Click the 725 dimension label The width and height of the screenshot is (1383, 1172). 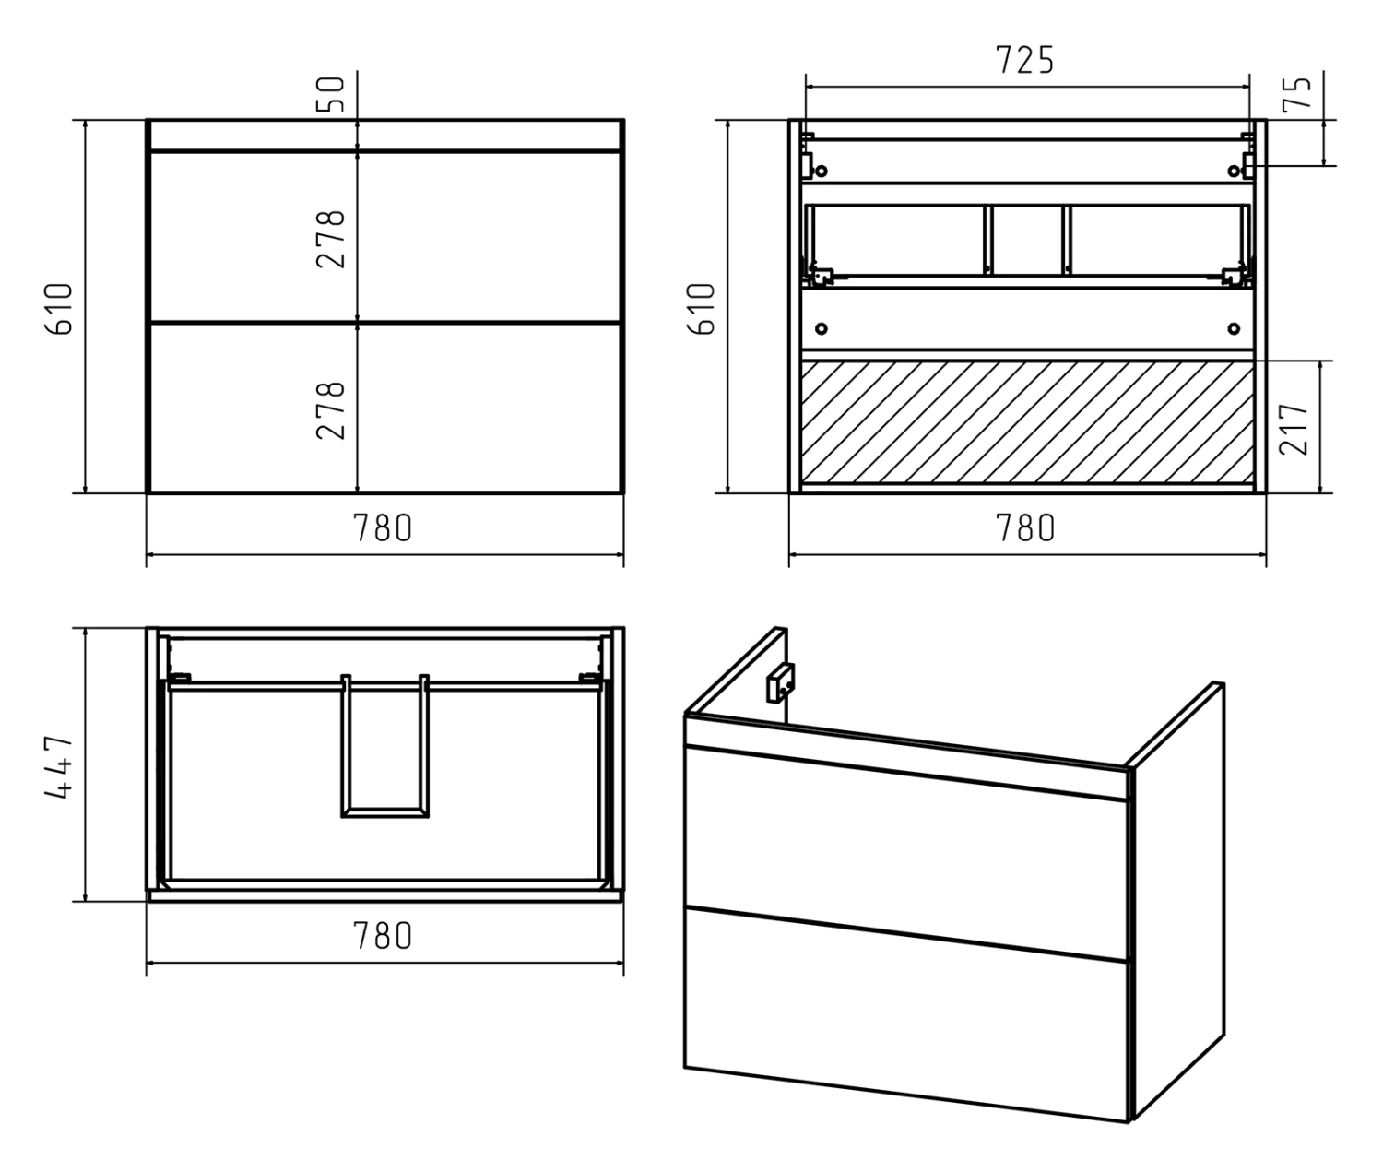pyautogui.click(x=1025, y=60)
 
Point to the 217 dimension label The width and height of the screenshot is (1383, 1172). pyautogui.click(x=1294, y=429)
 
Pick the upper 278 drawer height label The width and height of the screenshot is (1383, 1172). pyautogui.click(x=330, y=239)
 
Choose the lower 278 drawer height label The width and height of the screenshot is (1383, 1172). pyautogui.click(x=330, y=409)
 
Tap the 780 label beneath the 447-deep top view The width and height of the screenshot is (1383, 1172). pyautogui.click(x=383, y=936)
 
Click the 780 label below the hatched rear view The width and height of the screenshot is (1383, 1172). pyautogui.click(x=1025, y=528)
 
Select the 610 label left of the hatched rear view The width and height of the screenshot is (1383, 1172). pyautogui.click(x=702, y=309)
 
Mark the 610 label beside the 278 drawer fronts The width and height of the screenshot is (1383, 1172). pyautogui.click(x=59, y=309)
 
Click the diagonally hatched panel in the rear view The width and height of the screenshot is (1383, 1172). pyautogui.click(x=1027, y=421)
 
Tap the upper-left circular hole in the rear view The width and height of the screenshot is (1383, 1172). pyautogui.click(x=822, y=172)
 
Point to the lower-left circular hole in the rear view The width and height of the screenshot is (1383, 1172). pyautogui.click(x=822, y=328)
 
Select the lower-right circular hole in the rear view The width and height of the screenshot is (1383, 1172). pyautogui.click(x=1235, y=328)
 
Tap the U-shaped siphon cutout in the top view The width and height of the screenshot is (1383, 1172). pyautogui.click(x=384, y=813)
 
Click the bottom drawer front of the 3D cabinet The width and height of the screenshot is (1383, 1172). pyautogui.click(x=906, y=1014)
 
